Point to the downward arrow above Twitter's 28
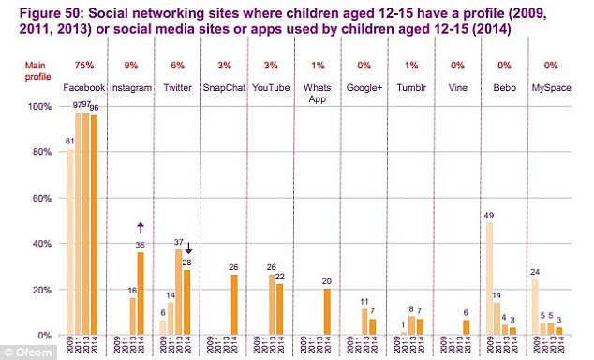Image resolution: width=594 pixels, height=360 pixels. point(187,248)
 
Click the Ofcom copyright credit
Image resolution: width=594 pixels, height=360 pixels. point(25,352)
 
